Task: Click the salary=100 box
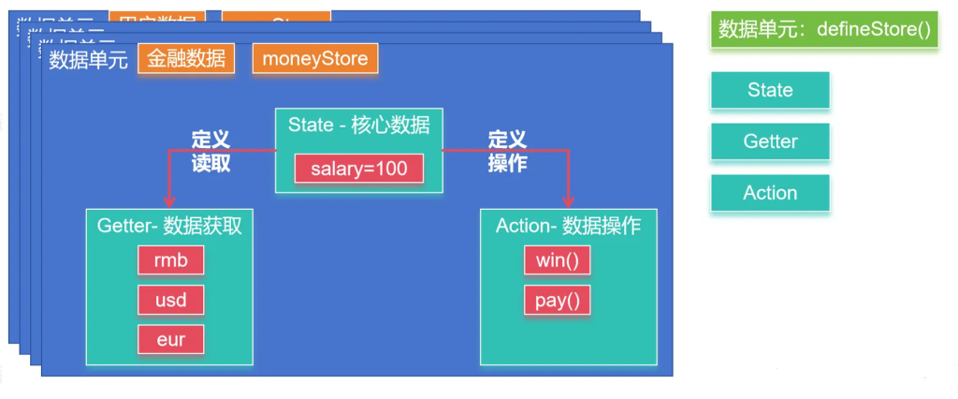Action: coord(358,169)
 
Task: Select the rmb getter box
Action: coord(170,259)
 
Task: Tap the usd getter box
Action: coord(170,300)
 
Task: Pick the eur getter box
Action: coord(170,339)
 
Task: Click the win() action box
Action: coord(557,259)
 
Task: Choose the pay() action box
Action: coord(557,300)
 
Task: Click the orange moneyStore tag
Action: coord(314,58)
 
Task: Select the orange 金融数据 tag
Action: coord(186,58)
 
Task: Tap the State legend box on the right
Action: coord(770,90)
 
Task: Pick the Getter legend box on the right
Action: coord(770,141)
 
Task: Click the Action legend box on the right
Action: coord(770,193)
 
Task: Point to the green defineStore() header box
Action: coord(824,29)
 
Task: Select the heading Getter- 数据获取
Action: coord(169,226)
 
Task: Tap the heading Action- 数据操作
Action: coord(568,226)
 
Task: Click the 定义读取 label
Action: coord(210,151)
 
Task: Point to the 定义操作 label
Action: coord(507,151)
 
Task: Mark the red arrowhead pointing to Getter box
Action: coord(169,200)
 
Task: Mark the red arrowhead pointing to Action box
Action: coord(568,200)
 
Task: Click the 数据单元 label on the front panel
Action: coord(88,60)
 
